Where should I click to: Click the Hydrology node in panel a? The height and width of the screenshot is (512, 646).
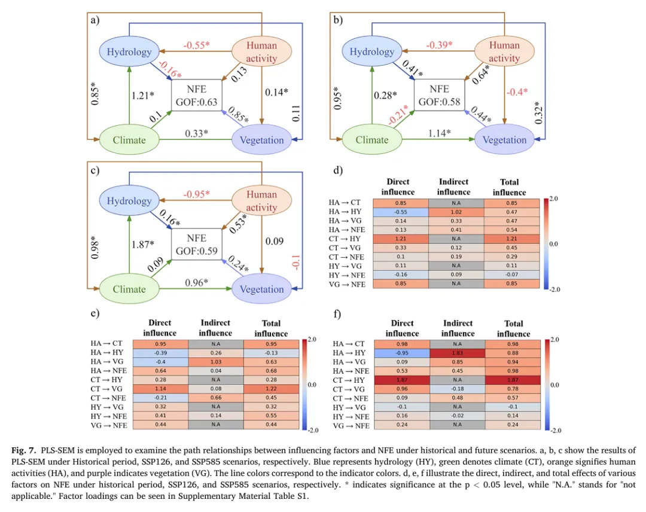click(129, 52)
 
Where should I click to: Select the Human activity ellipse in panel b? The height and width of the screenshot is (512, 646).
click(504, 51)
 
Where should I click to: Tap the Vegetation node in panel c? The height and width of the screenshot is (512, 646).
click(262, 289)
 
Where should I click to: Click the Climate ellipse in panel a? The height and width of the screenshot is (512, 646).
click(129, 140)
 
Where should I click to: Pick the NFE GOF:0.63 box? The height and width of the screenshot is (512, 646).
click(196, 95)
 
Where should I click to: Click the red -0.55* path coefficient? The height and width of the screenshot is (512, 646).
click(196, 45)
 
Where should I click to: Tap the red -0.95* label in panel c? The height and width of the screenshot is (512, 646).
click(196, 194)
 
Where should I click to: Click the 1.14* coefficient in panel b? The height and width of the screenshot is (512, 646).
click(439, 133)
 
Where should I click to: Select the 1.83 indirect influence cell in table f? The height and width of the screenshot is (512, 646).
click(458, 352)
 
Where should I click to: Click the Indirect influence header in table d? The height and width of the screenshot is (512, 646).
click(453, 187)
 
